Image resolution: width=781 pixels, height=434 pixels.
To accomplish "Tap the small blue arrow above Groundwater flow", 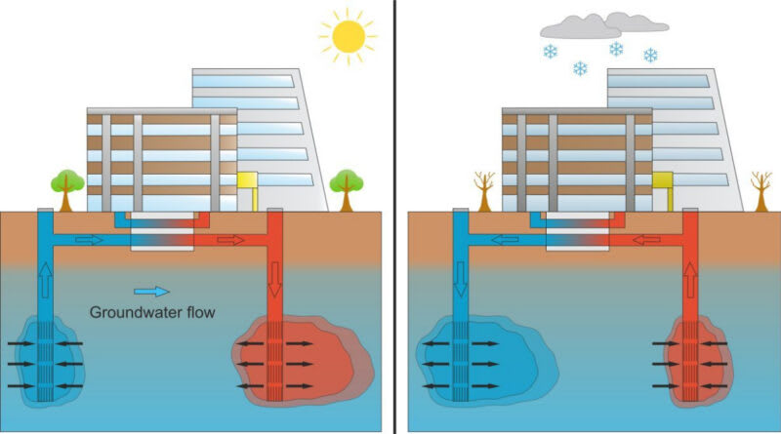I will [151, 291].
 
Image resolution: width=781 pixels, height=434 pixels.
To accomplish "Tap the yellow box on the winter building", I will [663, 183].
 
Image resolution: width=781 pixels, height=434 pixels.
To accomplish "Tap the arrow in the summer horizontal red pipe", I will [231, 239].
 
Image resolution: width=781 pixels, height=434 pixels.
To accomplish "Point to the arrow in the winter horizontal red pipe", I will [645, 239].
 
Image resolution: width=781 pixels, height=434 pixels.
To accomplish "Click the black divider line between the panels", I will [394, 217].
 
